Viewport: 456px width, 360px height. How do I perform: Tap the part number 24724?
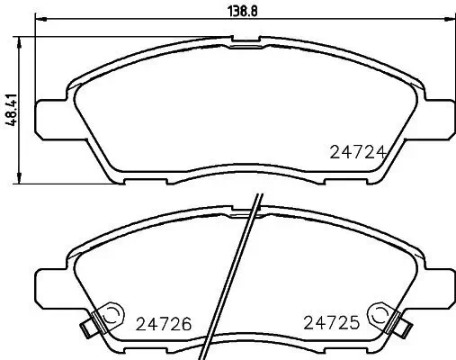click(x=357, y=152)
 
